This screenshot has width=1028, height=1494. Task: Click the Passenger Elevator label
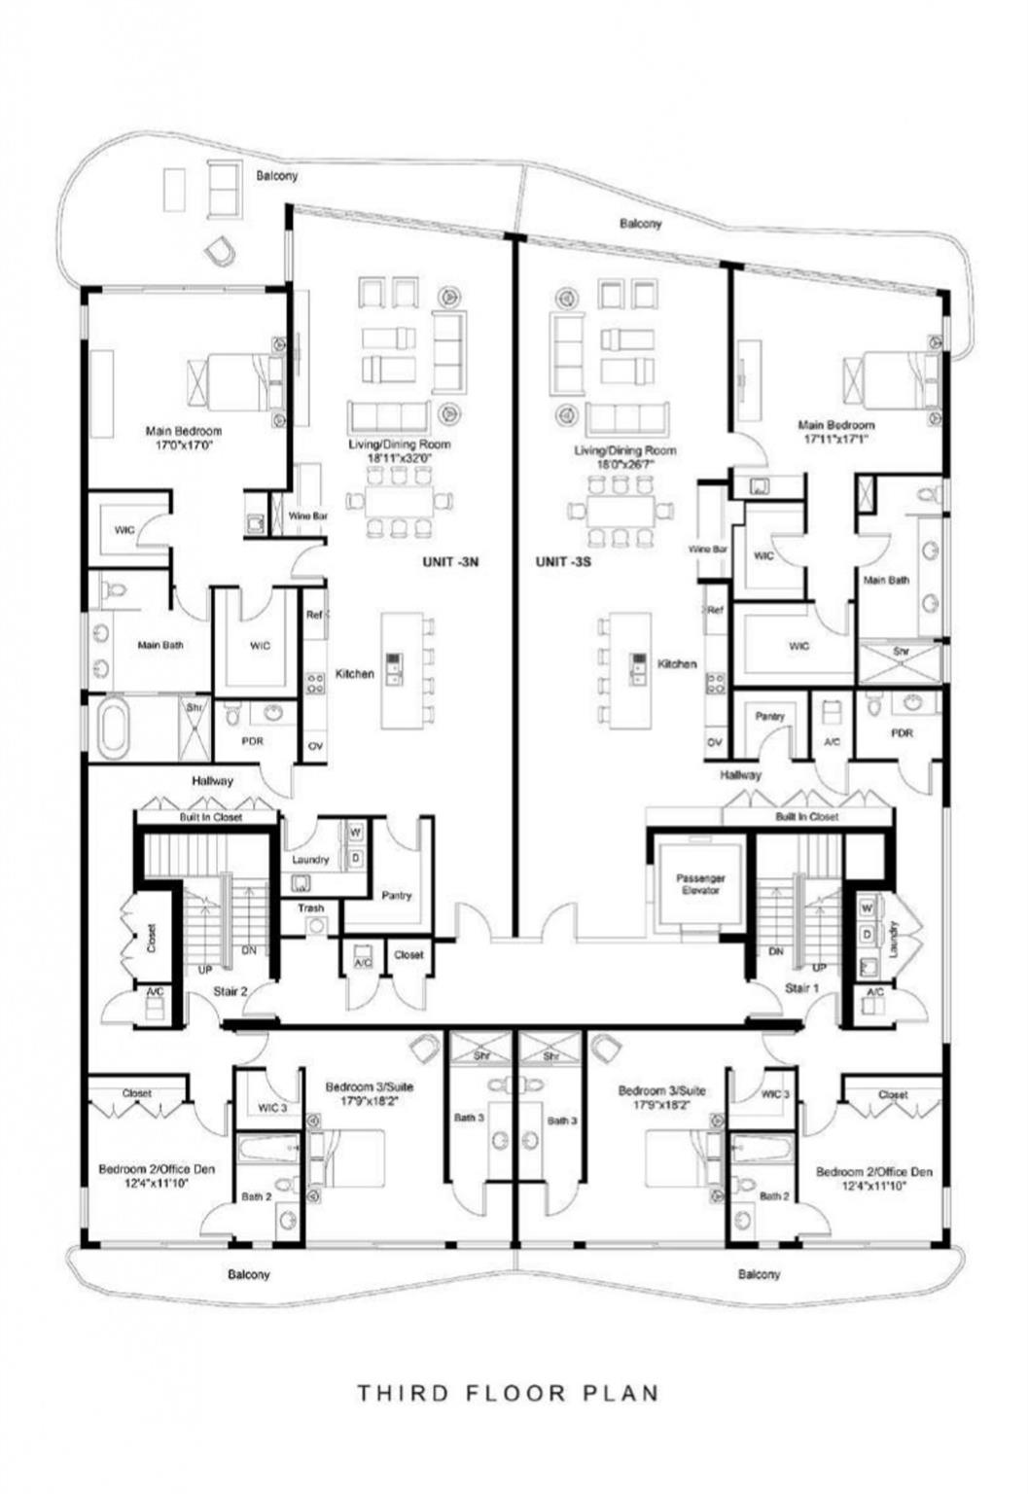(x=700, y=883)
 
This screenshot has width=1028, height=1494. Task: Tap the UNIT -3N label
(x=450, y=561)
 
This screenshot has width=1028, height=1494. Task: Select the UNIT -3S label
(x=563, y=561)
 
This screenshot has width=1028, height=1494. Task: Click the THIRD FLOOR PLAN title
(x=508, y=1393)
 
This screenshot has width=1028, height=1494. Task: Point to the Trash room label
(x=311, y=907)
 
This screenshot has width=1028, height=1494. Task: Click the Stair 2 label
(x=230, y=991)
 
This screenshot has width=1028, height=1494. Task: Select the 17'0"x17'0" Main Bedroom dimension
(x=184, y=445)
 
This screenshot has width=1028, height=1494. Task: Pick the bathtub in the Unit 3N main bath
(x=113, y=729)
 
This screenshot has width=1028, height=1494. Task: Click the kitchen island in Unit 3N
(x=401, y=670)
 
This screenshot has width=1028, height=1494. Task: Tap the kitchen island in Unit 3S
(x=631, y=670)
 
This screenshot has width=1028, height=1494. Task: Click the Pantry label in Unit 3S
(x=769, y=716)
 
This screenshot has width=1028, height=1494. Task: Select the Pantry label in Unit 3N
(x=397, y=895)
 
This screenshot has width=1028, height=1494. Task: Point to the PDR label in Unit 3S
(x=902, y=732)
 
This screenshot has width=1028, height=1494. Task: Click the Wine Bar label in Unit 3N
(x=307, y=516)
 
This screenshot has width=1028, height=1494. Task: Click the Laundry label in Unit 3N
(x=310, y=860)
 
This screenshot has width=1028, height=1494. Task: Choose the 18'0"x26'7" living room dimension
(x=624, y=464)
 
